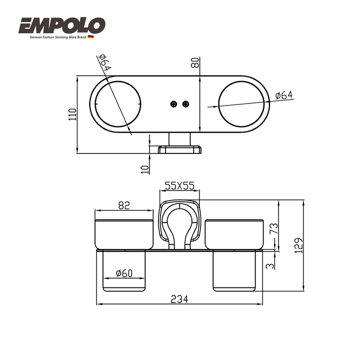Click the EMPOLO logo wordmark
62,25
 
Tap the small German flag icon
90,37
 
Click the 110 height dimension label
72,114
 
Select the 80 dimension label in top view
195,62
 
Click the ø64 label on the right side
284,95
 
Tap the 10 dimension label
145,169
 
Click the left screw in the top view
174,104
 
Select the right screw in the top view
185,104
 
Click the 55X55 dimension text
179,185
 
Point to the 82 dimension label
124,205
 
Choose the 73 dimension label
274,228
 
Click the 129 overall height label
298,245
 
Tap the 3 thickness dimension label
270,265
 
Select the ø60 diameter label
124,273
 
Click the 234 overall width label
179,299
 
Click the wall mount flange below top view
180,149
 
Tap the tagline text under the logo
58,37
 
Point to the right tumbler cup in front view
234,234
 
